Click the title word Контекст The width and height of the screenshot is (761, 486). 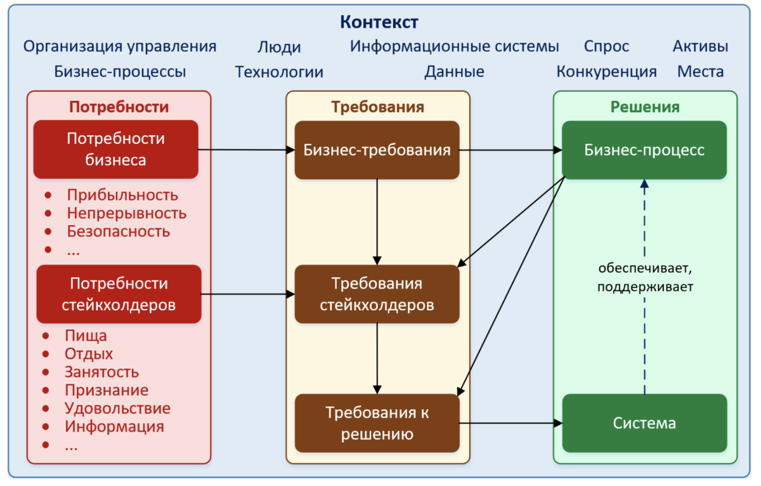379,22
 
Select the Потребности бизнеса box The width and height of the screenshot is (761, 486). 116,150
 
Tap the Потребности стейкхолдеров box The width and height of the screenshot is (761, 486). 119,294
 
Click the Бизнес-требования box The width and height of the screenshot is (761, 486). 377,150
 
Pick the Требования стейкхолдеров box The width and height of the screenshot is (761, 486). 377,294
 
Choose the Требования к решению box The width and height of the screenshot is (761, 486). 377,423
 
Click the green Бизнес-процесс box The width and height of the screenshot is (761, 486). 644,150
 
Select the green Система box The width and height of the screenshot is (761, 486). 644,423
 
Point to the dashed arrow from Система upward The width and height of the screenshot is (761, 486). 644,355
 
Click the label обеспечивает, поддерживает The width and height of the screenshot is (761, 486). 644,277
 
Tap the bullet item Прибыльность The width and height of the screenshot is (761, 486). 122,195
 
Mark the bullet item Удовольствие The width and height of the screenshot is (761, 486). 117,408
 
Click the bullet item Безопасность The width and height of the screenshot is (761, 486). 119,231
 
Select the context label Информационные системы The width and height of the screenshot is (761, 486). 454,46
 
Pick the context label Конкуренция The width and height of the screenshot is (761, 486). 606,72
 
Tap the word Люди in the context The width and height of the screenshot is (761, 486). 279,47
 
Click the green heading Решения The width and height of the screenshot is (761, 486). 645,107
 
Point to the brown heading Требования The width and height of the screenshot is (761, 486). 377,107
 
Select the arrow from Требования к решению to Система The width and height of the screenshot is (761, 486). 511,423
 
